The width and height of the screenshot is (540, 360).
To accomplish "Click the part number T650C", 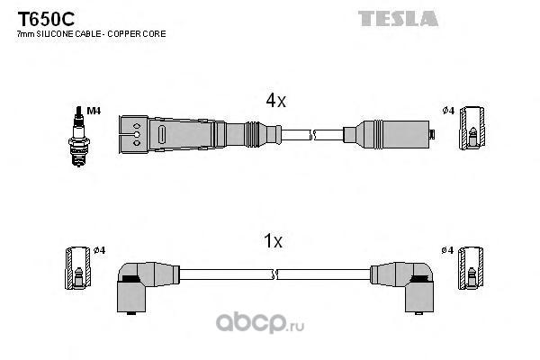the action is (x=46, y=19).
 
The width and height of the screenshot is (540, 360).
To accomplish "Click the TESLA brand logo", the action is (x=398, y=19).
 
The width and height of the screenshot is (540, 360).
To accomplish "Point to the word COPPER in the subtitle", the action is (x=122, y=34).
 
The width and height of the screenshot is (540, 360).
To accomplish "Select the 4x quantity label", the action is (x=275, y=101).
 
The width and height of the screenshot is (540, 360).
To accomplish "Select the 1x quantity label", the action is (x=273, y=241).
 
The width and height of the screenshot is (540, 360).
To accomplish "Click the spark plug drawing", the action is (x=79, y=137).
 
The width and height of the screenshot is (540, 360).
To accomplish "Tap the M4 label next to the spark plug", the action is (x=94, y=111).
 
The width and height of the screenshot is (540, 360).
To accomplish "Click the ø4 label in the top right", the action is (x=448, y=110).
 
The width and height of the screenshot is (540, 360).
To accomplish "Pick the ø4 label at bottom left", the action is (x=99, y=250).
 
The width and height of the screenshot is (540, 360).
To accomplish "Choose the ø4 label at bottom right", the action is (x=447, y=250).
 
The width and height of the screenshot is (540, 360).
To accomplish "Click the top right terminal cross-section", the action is (x=472, y=128).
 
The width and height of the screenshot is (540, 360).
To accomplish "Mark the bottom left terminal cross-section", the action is (x=78, y=268).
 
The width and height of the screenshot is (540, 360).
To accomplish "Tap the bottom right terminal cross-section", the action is (x=471, y=268).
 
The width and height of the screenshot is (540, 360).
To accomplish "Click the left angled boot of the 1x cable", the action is (x=138, y=286).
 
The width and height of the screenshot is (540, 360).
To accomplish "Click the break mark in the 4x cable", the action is (x=312, y=134).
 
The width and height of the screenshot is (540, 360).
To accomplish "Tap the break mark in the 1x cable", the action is (x=274, y=274).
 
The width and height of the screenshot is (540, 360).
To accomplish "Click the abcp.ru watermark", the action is (x=260, y=323).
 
